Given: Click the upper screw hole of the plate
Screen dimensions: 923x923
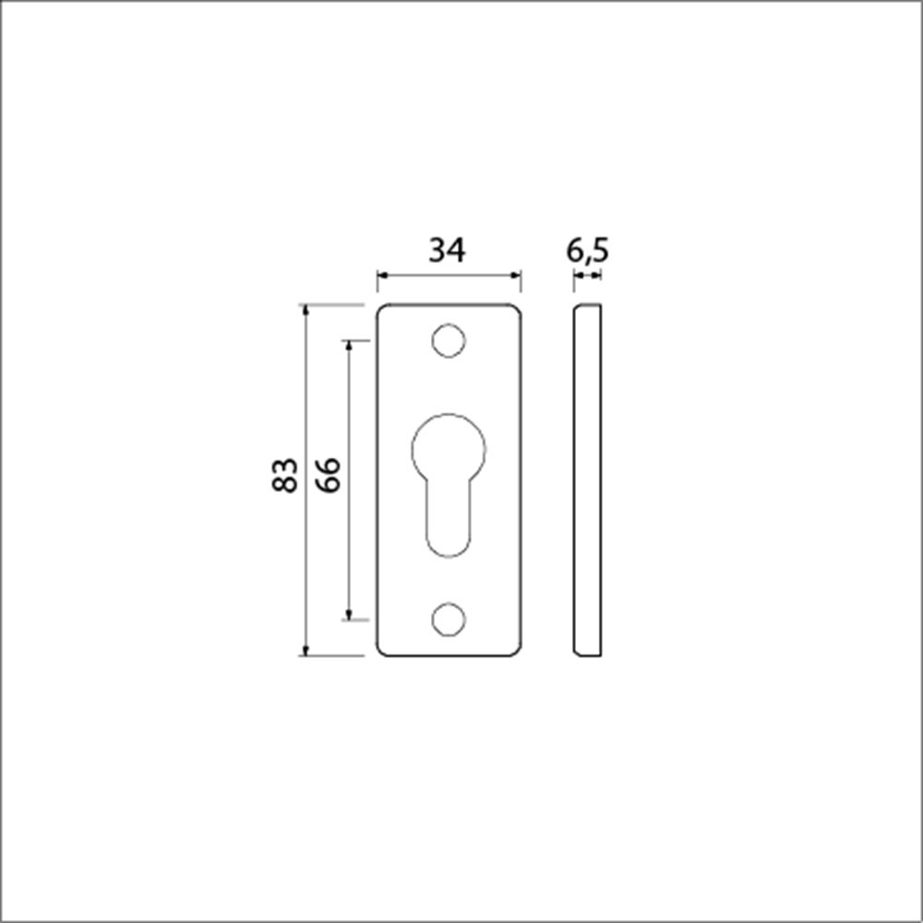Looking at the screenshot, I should tap(448, 341).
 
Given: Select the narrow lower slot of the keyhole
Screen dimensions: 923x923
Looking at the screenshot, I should tap(448, 521).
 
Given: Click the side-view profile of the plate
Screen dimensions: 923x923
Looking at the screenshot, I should tap(587, 480).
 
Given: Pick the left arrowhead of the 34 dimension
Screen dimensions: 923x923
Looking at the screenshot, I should tap(381, 275).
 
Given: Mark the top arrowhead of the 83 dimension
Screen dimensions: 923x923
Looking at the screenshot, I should tap(306, 309).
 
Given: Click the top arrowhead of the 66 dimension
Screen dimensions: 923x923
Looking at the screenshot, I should tap(349, 345).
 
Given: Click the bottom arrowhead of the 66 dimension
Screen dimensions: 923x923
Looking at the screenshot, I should tap(349, 615).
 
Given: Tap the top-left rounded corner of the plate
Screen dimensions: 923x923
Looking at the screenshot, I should tap(380, 307).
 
